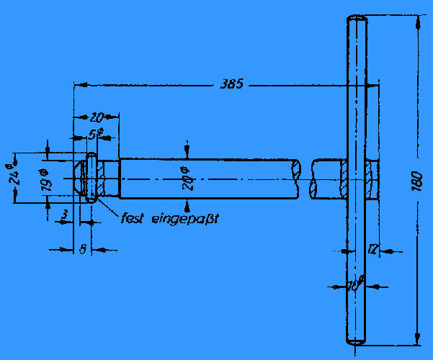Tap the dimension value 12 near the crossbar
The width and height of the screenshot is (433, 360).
point(372,250)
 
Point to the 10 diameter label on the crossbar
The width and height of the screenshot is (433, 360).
point(355,285)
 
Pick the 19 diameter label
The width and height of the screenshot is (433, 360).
point(45,179)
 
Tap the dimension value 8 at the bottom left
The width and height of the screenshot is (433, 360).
point(83,249)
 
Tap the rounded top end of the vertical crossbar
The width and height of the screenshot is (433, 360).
point(357,18)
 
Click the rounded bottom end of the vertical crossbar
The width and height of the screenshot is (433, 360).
point(357,343)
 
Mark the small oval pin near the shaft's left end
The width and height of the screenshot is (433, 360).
point(91,178)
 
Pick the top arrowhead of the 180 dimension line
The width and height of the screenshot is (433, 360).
point(417,21)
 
